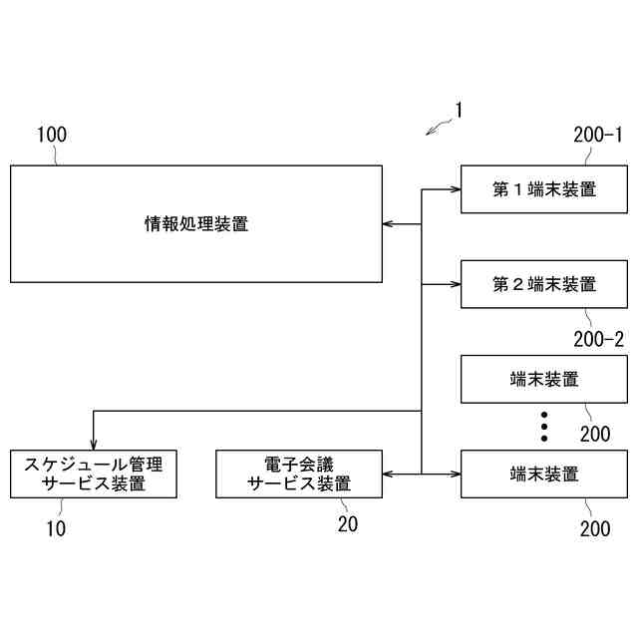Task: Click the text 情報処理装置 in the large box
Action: point(196,224)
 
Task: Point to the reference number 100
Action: point(52,134)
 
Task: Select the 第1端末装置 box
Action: point(544,189)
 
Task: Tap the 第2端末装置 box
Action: point(544,284)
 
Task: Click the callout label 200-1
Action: point(598,134)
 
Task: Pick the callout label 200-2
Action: point(598,339)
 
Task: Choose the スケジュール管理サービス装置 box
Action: point(94,474)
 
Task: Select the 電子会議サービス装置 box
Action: point(299,474)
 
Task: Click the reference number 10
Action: point(56,528)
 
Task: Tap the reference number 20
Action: point(347,524)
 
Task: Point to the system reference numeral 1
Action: point(458,110)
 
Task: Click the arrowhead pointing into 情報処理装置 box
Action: point(389,224)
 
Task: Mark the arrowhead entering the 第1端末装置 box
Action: point(455,189)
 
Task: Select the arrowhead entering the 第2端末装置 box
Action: point(455,284)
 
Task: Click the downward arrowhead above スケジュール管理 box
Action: point(94,444)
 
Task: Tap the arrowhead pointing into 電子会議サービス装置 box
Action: point(389,474)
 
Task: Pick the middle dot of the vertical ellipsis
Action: point(544,426)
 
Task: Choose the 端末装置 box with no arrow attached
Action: point(544,379)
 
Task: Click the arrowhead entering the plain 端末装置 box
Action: point(455,474)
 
